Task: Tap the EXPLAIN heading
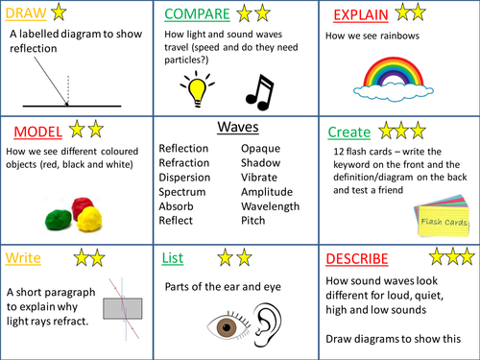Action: pyautogui.click(x=364, y=15)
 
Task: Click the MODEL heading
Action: pyautogui.click(x=37, y=131)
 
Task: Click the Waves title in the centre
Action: pyautogui.click(x=238, y=127)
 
